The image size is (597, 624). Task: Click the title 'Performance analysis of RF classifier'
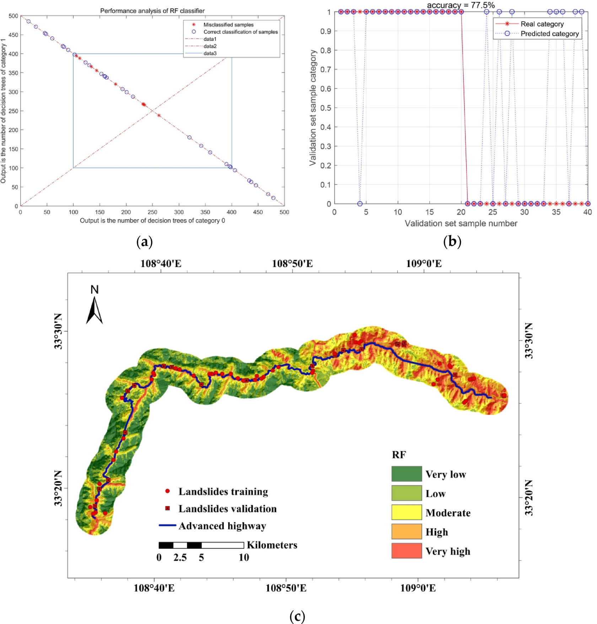pyautogui.click(x=152, y=11)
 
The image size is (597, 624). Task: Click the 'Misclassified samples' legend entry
pyautogui.click(x=228, y=25)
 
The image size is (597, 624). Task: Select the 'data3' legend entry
pyautogui.click(x=210, y=53)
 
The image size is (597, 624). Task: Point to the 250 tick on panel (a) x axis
pyautogui.click(x=152, y=212)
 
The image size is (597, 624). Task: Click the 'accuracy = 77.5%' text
pyautogui.click(x=461, y=5)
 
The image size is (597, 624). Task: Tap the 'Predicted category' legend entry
pyautogui.click(x=549, y=34)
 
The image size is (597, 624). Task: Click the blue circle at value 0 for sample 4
pyautogui.click(x=360, y=204)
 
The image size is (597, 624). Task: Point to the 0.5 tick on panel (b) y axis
pyautogui.click(x=326, y=108)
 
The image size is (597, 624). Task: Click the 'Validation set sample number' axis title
pyautogui.click(x=461, y=224)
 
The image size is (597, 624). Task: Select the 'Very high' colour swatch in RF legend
pyautogui.click(x=407, y=551)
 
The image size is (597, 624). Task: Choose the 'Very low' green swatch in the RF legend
pyautogui.click(x=407, y=474)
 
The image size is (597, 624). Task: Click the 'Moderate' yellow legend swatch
pyautogui.click(x=407, y=512)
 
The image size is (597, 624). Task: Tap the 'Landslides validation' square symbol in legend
pyautogui.click(x=168, y=509)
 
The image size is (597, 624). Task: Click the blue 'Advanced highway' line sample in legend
pyautogui.click(x=168, y=525)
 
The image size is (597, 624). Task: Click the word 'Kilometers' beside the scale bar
pyautogui.click(x=272, y=545)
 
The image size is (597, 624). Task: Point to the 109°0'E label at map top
pyautogui.click(x=424, y=264)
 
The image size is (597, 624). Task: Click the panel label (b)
pyautogui.click(x=452, y=242)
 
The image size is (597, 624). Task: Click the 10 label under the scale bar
pyautogui.click(x=244, y=557)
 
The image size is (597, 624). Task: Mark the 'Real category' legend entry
pyautogui.click(x=542, y=24)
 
